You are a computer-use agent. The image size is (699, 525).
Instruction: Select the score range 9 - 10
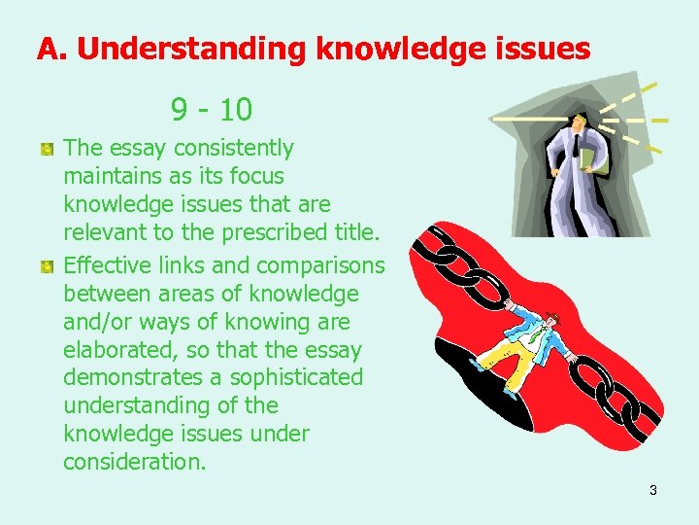click(211, 109)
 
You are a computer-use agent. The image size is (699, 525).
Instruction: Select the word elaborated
click(120, 349)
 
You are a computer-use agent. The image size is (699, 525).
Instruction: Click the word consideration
click(135, 462)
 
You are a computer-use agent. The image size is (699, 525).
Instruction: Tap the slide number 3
click(652, 490)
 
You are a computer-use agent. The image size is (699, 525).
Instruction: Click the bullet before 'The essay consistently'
click(46, 149)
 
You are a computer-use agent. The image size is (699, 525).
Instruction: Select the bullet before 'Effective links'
click(46, 265)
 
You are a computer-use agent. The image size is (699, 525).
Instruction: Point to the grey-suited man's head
click(580, 122)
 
